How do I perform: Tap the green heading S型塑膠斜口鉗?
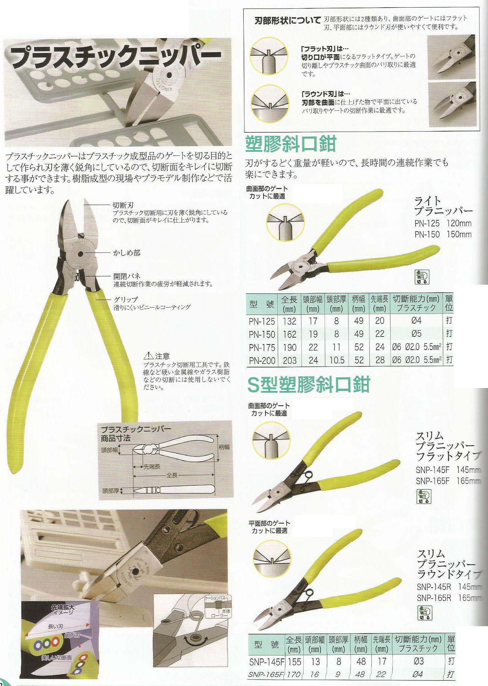click(309, 385)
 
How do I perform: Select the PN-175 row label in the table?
click(262, 347)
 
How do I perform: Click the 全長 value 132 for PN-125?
click(290, 321)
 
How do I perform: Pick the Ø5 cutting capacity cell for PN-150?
click(416, 334)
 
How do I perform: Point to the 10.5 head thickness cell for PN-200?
click(337, 360)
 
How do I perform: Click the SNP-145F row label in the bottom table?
click(266, 662)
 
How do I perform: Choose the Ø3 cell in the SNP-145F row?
click(419, 661)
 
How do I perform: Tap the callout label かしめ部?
click(127, 253)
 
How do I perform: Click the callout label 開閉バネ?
click(127, 276)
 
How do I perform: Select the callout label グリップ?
click(126, 299)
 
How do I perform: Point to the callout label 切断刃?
click(123, 205)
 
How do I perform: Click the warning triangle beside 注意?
click(148, 356)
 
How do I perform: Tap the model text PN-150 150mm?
click(443, 234)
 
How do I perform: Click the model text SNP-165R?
click(434, 598)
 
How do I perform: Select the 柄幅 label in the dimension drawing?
click(224, 447)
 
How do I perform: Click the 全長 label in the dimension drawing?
click(172, 475)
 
